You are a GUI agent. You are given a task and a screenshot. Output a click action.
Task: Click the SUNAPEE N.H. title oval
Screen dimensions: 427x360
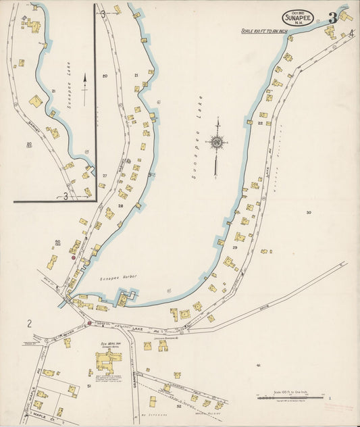click(x=297, y=18)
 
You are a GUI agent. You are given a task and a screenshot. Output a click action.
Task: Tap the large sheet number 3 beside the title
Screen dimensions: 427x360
click(x=332, y=18)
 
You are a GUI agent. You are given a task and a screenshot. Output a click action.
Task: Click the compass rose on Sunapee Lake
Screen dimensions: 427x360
click(x=217, y=143)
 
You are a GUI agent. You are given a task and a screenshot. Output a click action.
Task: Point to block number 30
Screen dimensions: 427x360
click(x=308, y=213)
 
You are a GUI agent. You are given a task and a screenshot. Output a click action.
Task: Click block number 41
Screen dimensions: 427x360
click(x=258, y=365)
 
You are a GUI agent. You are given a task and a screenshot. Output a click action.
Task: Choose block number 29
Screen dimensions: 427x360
click(x=234, y=248)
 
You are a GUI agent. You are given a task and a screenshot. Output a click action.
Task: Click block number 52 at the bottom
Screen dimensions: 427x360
click(x=178, y=407)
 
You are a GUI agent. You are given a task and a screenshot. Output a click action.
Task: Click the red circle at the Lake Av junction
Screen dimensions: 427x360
click(x=89, y=323)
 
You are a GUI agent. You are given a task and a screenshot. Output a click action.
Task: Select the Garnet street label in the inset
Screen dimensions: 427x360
click(x=32, y=125)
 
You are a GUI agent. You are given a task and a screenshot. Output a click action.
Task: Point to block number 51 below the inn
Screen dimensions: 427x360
click(x=89, y=386)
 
